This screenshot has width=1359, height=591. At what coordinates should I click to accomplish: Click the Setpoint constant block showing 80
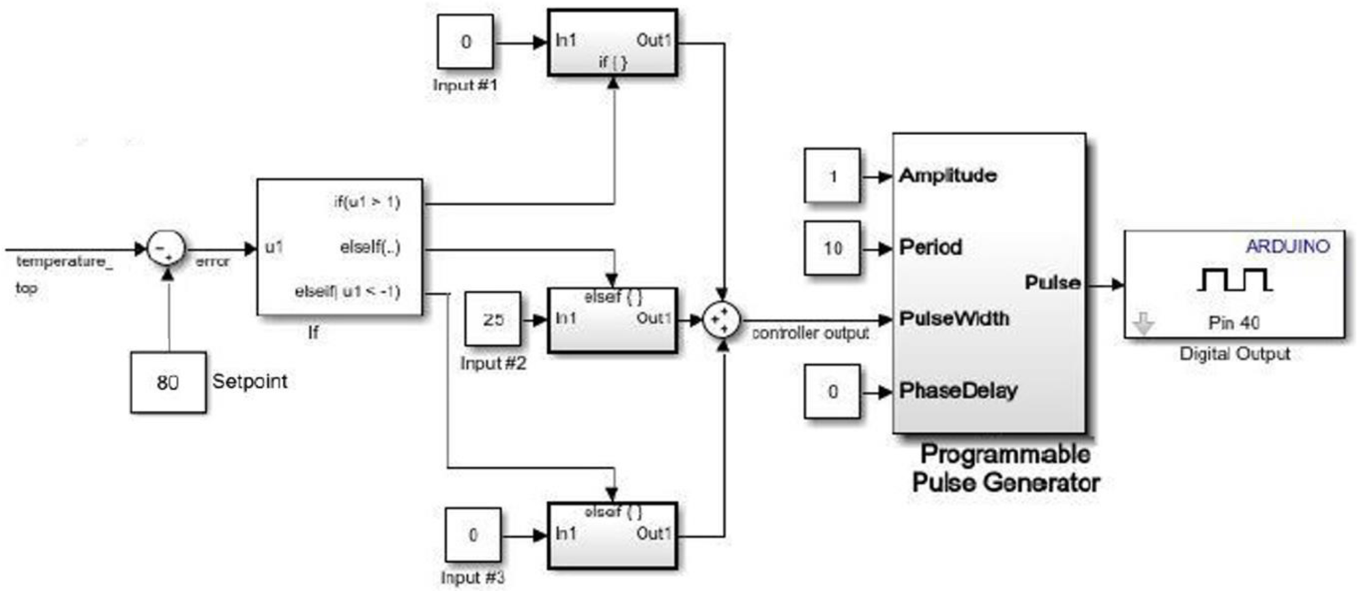click(x=168, y=382)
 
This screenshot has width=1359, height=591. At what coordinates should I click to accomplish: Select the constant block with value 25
click(x=493, y=318)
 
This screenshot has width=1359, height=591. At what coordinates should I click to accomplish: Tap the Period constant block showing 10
click(x=832, y=248)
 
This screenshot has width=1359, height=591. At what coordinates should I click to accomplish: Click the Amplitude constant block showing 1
click(x=832, y=176)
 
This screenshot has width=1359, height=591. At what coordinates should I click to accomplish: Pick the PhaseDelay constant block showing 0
click(x=832, y=391)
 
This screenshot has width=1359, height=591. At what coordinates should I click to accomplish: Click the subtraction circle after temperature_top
click(x=166, y=249)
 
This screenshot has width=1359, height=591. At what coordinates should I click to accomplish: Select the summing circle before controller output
click(x=722, y=319)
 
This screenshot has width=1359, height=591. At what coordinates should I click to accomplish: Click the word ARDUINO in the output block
click(x=1287, y=246)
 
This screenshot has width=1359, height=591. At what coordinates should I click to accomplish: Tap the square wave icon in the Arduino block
click(x=1234, y=279)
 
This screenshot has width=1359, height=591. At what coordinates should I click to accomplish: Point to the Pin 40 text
click(x=1233, y=322)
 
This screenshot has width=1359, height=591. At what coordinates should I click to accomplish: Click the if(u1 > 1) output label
click(x=367, y=202)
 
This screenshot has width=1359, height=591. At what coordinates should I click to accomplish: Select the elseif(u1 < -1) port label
click(x=347, y=292)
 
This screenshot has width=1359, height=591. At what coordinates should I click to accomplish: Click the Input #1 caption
click(x=465, y=85)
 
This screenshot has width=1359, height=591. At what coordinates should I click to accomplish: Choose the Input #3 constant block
click(x=473, y=534)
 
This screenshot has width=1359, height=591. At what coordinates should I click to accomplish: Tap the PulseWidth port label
click(x=953, y=318)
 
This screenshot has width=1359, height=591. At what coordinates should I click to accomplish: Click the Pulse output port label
click(x=1052, y=282)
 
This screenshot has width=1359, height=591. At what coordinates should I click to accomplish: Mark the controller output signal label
click(x=810, y=333)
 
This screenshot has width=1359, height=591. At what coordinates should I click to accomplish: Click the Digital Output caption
click(x=1234, y=354)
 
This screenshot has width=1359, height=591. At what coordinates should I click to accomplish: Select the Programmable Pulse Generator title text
click(x=1006, y=468)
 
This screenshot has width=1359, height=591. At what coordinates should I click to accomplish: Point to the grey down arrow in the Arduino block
click(x=1143, y=324)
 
